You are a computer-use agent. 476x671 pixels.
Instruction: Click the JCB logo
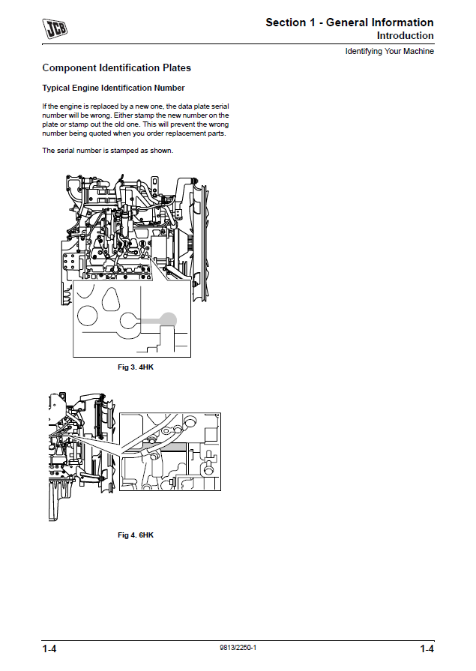click(55, 28)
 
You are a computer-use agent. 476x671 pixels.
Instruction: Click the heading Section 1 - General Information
click(349, 22)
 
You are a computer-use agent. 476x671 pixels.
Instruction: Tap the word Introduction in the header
click(405, 35)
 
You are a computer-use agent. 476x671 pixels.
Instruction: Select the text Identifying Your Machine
click(390, 51)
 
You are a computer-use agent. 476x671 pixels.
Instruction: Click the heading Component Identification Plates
click(116, 67)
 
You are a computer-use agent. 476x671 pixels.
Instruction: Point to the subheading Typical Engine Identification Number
click(113, 88)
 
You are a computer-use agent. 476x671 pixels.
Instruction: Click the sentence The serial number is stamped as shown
click(107, 151)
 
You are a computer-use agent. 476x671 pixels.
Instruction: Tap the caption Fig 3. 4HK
click(135, 367)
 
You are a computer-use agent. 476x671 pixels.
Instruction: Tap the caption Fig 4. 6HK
click(135, 535)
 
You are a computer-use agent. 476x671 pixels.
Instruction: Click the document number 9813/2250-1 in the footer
click(238, 648)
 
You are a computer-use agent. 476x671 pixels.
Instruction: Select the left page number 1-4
click(49, 649)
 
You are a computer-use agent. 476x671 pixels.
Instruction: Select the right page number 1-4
click(427, 649)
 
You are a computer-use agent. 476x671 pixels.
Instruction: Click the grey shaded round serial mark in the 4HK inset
click(168, 319)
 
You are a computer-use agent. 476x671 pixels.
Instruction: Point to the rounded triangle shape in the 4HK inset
click(110, 298)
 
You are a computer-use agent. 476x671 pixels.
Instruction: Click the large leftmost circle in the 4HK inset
click(87, 316)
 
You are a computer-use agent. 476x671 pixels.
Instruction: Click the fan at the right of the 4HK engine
click(200, 240)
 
